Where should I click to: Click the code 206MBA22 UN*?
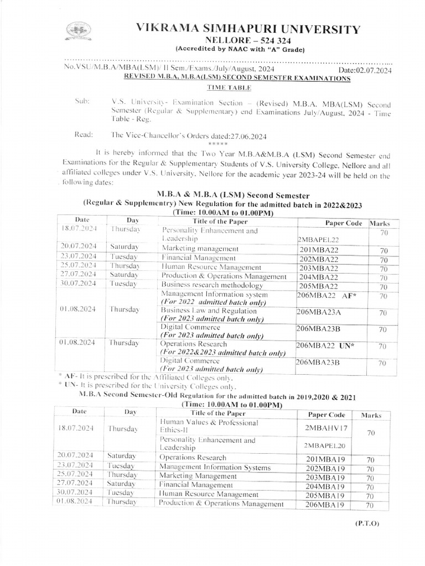[x=325, y=345]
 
